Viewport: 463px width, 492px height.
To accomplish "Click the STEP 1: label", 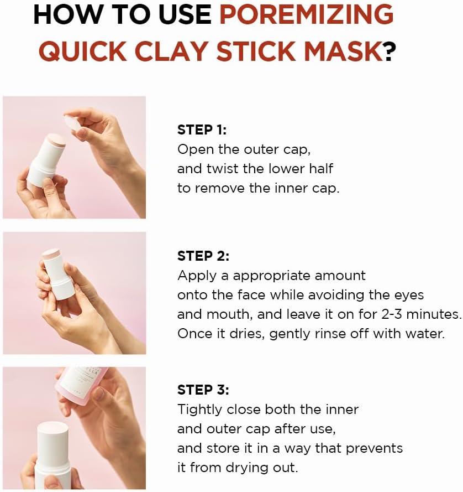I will point(202,130).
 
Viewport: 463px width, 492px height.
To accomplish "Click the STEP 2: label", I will point(203,256).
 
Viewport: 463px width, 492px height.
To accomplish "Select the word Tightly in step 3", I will point(199,410).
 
